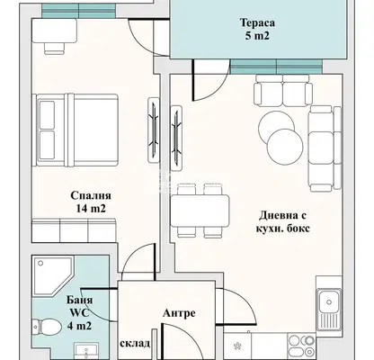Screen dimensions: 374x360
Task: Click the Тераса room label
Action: click(x=257, y=22)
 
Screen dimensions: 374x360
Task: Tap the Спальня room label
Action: click(x=91, y=195)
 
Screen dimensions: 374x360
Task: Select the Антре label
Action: click(x=179, y=313)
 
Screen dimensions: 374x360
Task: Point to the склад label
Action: click(x=135, y=343)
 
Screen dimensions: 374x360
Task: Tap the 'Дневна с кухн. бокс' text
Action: click(x=282, y=221)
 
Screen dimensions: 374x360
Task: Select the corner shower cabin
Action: click(x=52, y=275)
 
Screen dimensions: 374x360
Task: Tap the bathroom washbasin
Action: click(x=86, y=351)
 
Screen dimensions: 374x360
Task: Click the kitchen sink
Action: click(x=329, y=309)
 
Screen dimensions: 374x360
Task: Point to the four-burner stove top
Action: click(x=301, y=346)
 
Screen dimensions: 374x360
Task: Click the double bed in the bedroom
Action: click(x=77, y=130)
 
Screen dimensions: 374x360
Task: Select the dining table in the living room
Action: click(x=200, y=211)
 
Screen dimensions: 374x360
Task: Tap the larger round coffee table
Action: click(x=285, y=147)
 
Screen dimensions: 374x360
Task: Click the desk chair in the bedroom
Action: click(x=55, y=49)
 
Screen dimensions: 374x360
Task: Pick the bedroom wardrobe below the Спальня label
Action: click(x=74, y=230)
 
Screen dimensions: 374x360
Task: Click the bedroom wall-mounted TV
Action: click(x=154, y=130)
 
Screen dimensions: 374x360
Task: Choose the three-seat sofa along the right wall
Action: click(x=325, y=148)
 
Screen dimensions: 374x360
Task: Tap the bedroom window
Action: click(x=78, y=11)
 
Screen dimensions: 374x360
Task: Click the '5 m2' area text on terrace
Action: click(x=257, y=36)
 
